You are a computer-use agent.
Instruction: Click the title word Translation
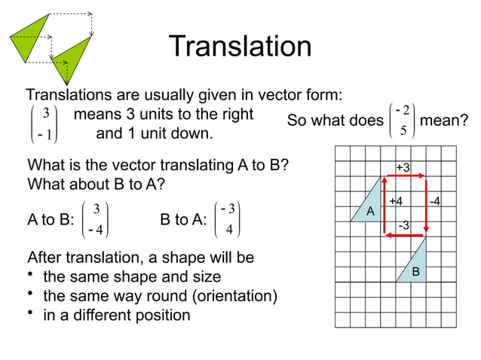point(240,47)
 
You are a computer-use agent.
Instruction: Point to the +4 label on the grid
point(395,201)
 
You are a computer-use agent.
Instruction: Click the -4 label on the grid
point(435,201)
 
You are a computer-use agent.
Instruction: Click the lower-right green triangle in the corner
point(69,58)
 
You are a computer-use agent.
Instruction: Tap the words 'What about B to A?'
point(97,184)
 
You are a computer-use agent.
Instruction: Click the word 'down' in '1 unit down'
point(191,136)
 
